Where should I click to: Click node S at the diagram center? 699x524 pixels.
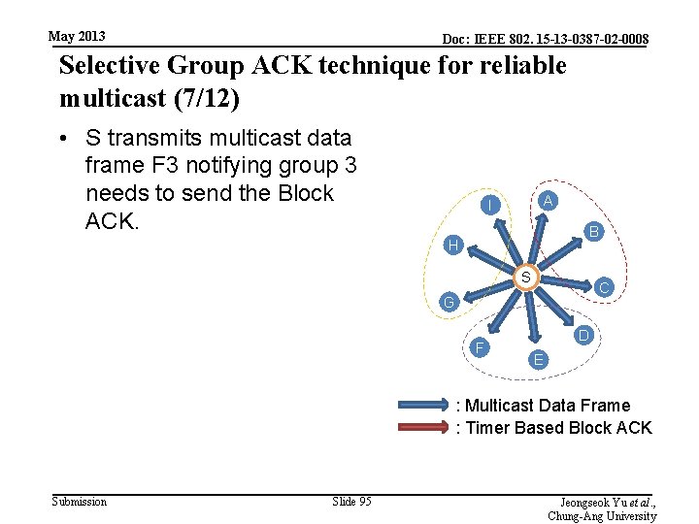(524, 278)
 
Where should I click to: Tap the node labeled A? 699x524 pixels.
(549, 200)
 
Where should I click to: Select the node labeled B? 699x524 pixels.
(594, 231)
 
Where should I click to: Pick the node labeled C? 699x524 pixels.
(604, 287)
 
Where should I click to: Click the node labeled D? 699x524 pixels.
(583, 335)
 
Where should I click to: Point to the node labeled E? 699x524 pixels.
(539, 360)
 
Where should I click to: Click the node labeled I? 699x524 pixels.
(493, 205)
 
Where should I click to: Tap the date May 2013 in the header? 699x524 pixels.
(77, 36)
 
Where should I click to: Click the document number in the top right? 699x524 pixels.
(545, 40)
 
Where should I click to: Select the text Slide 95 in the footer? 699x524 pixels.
(351, 502)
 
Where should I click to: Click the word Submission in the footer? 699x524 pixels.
(79, 502)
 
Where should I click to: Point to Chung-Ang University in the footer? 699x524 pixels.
(602, 515)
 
